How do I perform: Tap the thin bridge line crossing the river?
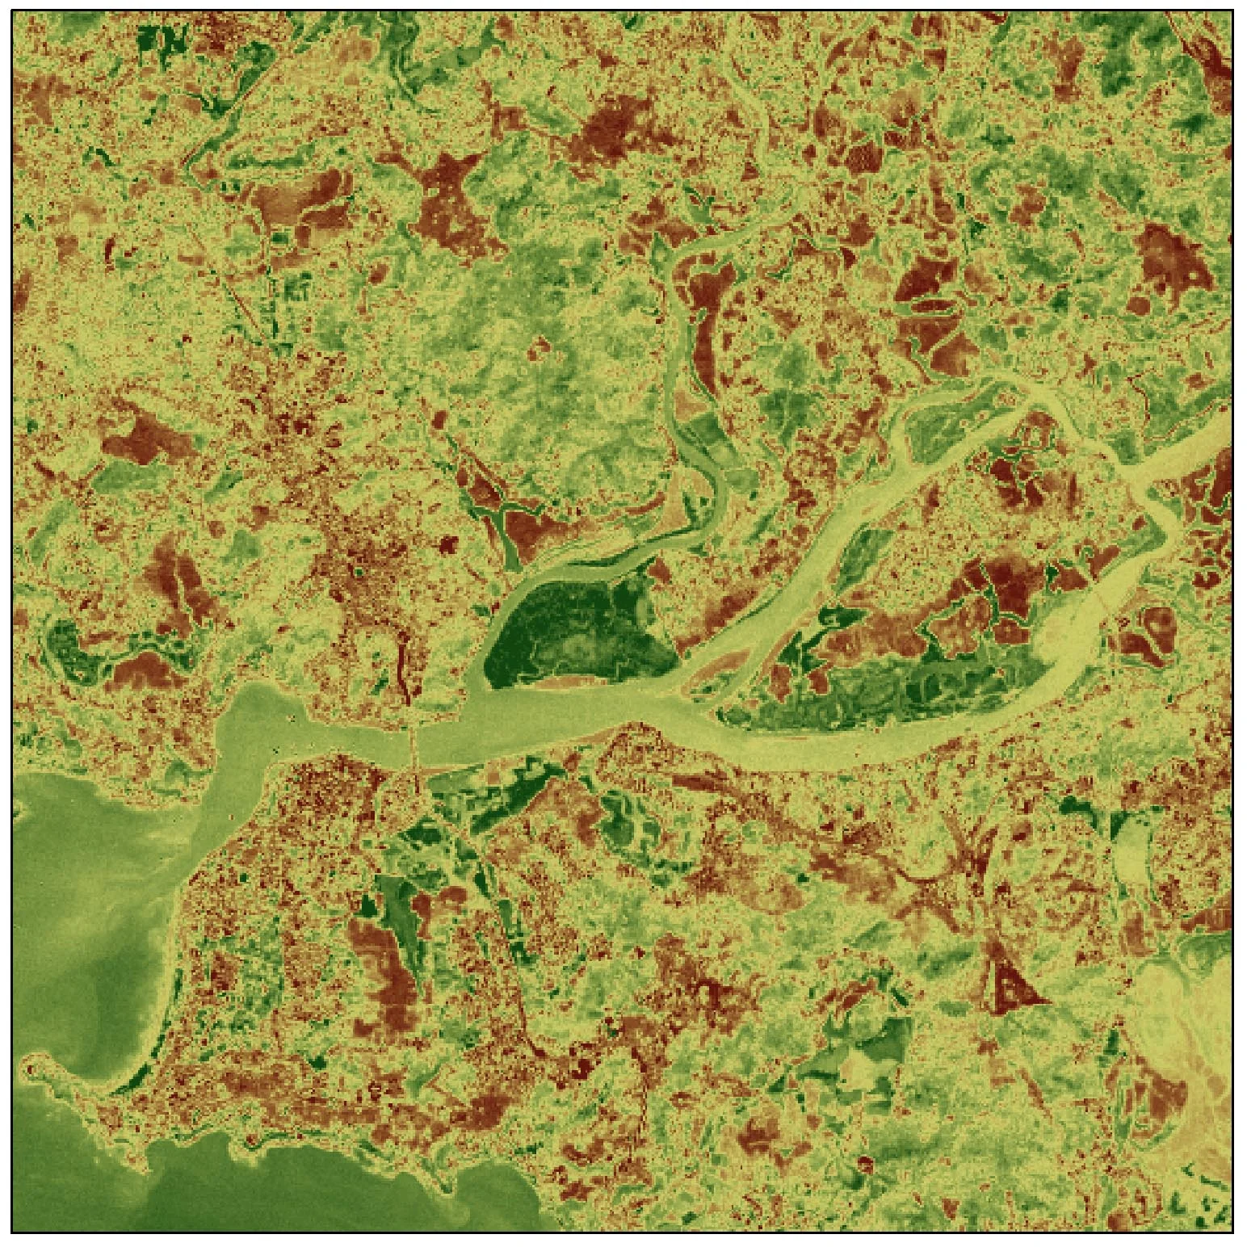tap(414, 747)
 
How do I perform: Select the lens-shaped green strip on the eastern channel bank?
tap(856, 557)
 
